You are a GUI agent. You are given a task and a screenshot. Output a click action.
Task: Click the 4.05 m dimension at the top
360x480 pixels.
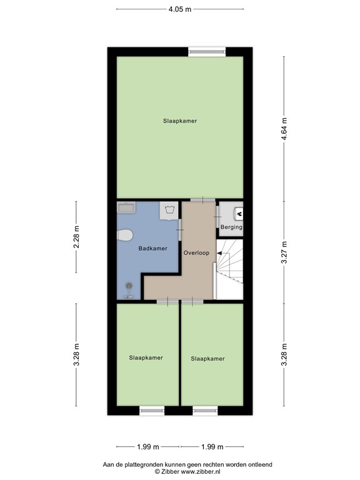pyautogui.click(x=180, y=10)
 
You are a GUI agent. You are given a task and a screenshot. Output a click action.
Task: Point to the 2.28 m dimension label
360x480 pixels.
pyautogui.click(x=76, y=237)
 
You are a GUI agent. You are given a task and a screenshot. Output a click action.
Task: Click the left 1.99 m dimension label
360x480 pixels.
pyautogui.click(x=147, y=446)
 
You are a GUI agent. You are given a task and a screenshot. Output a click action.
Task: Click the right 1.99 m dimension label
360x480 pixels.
pyautogui.click(x=212, y=446)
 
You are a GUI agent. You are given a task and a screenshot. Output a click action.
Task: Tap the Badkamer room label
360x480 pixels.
pyautogui.click(x=152, y=249)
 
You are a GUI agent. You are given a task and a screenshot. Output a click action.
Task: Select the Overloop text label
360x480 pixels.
pyautogui.click(x=196, y=253)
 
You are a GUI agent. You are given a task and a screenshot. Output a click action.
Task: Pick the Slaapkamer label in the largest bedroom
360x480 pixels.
pyautogui.click(x=180, y=121)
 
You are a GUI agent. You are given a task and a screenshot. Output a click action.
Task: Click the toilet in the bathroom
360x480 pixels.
pyautogui.click(x=125, y=235)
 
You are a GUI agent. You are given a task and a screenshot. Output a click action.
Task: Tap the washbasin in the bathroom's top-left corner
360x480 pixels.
pyautogui.click(x=126, y=207)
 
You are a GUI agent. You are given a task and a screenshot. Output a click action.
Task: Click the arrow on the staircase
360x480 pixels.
pyautogui.click(x=221, y=253)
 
